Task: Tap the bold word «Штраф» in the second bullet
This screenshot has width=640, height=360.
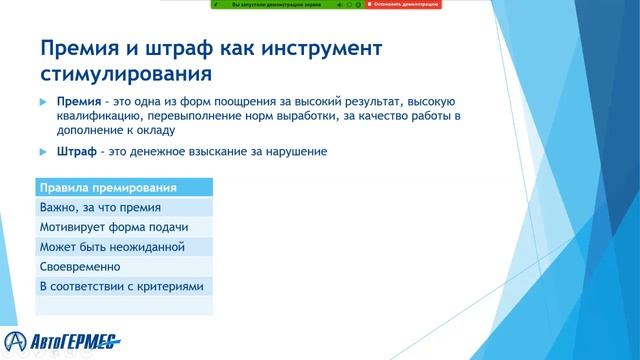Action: (x=74, y=152)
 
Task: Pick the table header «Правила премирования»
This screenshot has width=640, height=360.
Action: (x=108, y=188)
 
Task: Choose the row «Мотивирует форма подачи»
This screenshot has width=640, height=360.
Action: (x=113, y=227)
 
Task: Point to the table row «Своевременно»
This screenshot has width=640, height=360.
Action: (x=80, y=267)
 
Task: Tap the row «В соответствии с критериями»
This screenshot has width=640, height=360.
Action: (x=121, y=287)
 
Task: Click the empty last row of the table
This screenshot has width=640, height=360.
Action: (x=123, y=306)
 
